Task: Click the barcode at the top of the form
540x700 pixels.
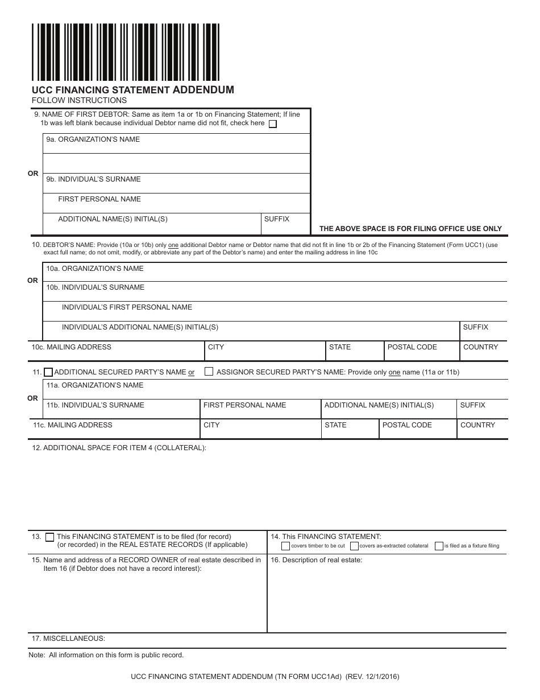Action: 126,52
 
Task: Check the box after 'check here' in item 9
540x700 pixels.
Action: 273,124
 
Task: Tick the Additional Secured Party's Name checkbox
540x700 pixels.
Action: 48,372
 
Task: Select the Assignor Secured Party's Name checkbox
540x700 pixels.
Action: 209,372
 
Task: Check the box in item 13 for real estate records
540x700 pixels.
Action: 50,537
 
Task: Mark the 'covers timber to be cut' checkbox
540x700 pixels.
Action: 285,546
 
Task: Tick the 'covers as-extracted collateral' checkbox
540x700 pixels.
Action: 354,546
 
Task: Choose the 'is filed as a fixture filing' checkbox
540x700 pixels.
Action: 439,546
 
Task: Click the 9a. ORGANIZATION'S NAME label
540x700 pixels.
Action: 93,139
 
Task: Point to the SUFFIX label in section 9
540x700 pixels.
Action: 277,219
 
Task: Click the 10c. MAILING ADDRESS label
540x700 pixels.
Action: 72,347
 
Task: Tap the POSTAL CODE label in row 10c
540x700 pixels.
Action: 412,347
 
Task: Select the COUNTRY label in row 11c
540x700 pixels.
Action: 477,425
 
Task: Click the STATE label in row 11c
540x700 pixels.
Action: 335,425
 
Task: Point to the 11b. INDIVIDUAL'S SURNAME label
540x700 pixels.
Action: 95,405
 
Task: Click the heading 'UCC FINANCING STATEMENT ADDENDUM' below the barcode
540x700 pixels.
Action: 132,90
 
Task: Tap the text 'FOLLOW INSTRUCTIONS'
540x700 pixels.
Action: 79,101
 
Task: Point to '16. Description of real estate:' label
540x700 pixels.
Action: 317,560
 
